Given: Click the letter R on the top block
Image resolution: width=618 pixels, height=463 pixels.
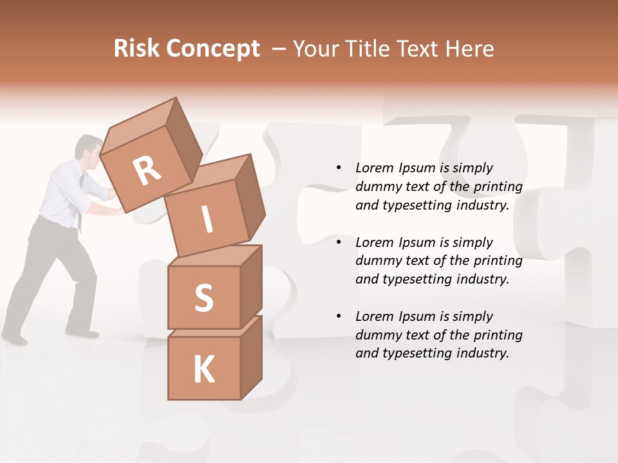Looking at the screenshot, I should click(x=147, y=172).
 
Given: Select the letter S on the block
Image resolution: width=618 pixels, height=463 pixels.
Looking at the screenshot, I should click(x=203, y=298).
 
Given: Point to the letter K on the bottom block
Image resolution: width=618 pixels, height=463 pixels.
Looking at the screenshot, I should click(x=203, y=370).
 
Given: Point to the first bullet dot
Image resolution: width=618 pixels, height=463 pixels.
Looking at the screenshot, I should click(x=339, y=168).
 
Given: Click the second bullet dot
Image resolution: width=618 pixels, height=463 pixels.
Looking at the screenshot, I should click(x=339, y=242).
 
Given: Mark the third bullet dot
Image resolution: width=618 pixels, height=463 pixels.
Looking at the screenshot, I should click(x=339, y=316).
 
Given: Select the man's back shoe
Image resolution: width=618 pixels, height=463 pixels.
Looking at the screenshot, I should click(x=14, y=338).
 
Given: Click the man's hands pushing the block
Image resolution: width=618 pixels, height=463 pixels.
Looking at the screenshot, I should click(x=113, y=193).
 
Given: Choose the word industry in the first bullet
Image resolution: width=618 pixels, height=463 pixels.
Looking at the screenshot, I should click(x=482, y=205).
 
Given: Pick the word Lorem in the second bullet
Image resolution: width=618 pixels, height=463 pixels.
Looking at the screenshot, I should click(x=375, y=242).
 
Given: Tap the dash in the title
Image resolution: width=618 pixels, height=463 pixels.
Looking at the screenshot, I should click(x=279, y=49).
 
